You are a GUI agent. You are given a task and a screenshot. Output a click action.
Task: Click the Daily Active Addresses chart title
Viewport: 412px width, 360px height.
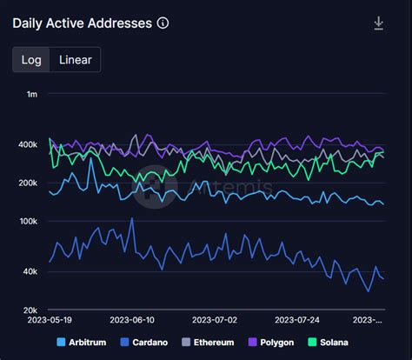click(83, 23)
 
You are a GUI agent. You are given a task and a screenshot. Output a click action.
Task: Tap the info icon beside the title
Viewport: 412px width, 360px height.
click(163, 23)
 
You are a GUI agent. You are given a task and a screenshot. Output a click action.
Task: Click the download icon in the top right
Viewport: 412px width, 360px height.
click(379, 23)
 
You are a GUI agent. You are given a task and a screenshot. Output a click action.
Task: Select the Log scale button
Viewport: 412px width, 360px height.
click(30, 59)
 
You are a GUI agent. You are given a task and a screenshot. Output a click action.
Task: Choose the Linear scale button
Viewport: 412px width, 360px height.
click(76, 59)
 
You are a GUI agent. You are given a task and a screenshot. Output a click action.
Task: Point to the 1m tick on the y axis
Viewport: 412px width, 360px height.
click(31, 93)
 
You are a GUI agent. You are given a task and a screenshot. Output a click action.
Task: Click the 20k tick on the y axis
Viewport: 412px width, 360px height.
click(29, 310)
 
